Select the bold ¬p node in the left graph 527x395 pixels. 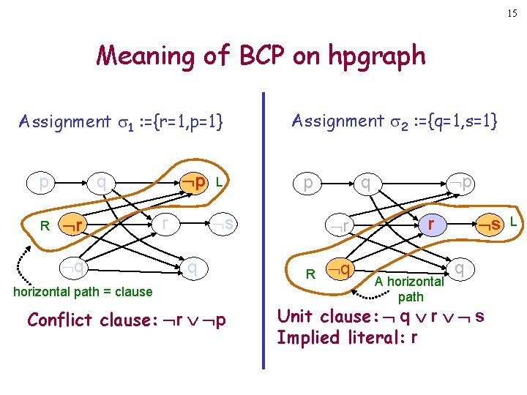pyautogui.click(x=195, y=181)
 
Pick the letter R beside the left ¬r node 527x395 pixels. pyautogui.click(x=45, y=225)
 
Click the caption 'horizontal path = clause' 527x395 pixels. pyautogui.click(x=83, y=292)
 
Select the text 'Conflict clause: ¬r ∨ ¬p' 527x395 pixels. pyautogui.click(x=126, y=320)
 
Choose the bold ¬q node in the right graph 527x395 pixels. pyautogui.click(x=338, y=270)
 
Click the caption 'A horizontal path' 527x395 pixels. pyautogui.click(x=410, y=289)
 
